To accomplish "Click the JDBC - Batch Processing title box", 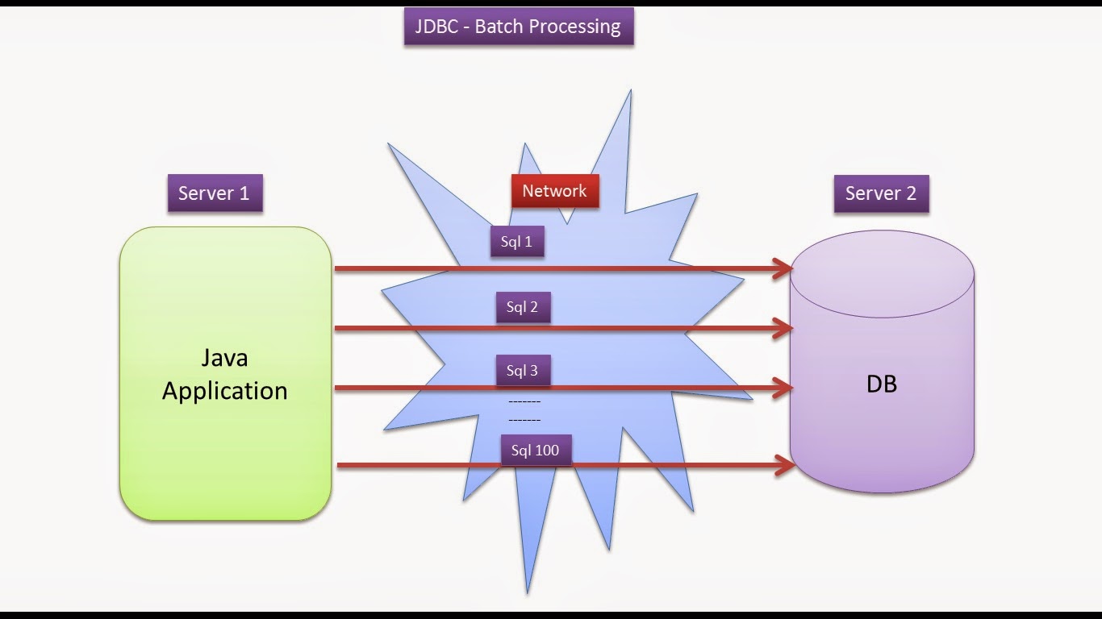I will [518, 27].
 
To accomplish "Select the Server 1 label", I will [215, 193].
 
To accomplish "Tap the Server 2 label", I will [881, 193].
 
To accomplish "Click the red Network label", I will [555, 191].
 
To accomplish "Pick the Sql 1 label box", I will [517, 242].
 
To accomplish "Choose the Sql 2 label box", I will [523, 307].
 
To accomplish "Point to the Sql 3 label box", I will [523, 371].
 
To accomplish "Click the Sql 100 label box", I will [536, 451].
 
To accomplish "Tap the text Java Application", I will [225, 374].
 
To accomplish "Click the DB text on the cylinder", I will [882, 384].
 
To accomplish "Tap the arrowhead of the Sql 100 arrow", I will [784, 465].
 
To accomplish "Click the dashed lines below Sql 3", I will [524, 410].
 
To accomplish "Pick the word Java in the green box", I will [225, 358].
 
